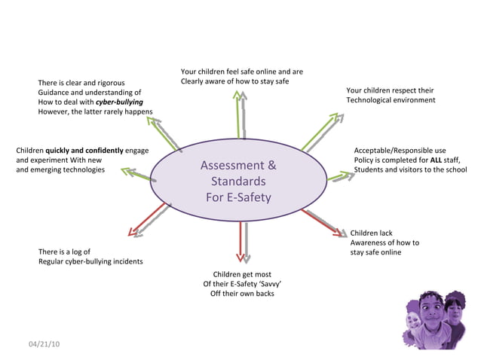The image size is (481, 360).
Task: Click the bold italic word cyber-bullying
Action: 119,101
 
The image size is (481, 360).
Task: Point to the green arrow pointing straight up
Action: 239,113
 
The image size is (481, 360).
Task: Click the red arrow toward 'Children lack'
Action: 323,223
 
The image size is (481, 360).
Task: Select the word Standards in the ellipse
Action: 238,182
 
